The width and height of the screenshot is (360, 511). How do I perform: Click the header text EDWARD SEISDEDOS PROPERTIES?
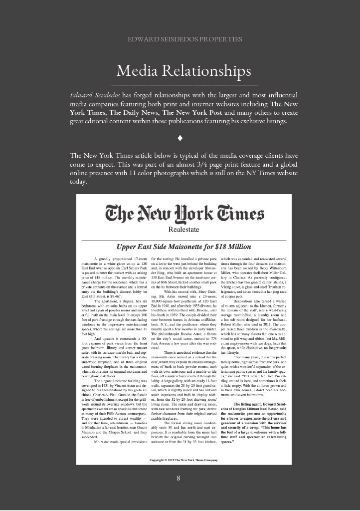[x=180, y=39]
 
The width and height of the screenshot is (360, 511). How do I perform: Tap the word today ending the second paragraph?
[x=79, y=182]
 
